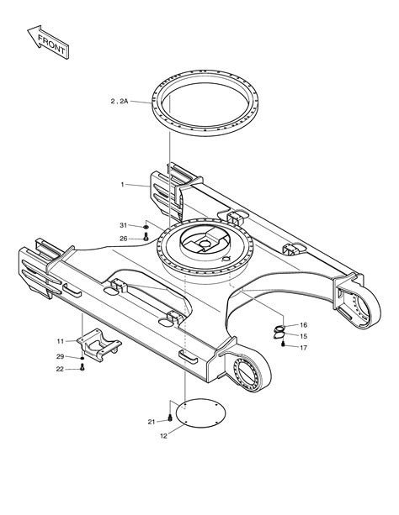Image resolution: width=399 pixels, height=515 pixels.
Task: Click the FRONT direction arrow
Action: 48,42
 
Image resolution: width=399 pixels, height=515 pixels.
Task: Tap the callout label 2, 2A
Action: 120,102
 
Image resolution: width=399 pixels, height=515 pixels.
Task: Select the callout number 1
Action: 122,185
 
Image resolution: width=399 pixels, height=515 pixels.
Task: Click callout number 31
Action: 123,225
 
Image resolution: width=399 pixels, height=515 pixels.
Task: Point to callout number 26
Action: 123,239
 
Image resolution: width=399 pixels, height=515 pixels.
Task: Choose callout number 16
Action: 303,325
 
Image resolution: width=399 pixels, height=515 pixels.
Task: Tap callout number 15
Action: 303,336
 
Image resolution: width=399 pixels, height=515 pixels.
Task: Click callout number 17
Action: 303,348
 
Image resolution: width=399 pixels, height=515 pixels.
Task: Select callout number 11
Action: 61,341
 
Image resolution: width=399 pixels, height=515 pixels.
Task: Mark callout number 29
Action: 60,356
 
